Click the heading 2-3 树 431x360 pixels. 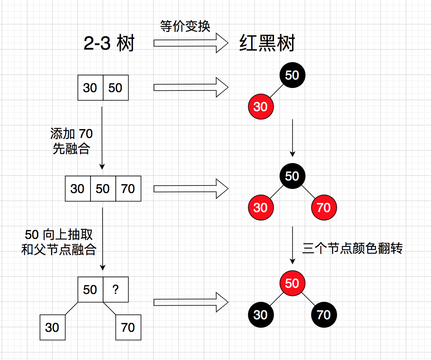109,44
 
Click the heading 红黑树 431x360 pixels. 267,44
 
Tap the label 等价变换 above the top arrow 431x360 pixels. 185,26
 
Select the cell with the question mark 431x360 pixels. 116,290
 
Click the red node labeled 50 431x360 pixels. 292,283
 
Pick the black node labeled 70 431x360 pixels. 324,315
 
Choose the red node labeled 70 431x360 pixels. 324,207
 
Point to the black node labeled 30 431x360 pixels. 261,315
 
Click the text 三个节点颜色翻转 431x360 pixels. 352,248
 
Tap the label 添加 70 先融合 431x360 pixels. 71,141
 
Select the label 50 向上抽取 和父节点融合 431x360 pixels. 59,242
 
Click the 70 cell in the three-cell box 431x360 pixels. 128,189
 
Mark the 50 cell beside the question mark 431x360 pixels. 90,290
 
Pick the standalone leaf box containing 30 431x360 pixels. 53,327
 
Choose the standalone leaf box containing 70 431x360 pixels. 128,327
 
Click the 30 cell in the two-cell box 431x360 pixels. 90,88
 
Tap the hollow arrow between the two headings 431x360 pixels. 191,43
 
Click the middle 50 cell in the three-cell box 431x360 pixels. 103,189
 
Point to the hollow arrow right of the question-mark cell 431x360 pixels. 191,302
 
